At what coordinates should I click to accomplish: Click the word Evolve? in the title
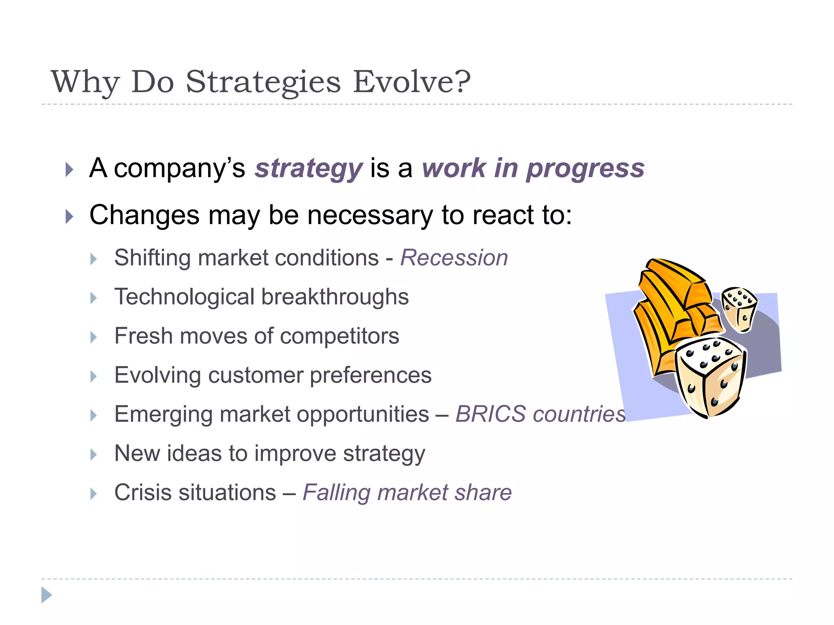click(411, 81)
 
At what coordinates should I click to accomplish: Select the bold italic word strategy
click(308, 168)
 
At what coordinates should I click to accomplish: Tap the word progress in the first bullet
click(585, 168)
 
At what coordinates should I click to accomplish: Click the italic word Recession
click(454, 258)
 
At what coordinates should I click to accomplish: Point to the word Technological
click(184, 297)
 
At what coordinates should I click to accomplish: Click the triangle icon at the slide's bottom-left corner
click(46, 595)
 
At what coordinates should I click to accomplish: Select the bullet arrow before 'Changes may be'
click(70, 216)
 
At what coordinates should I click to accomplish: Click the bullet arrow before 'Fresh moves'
click(94, 337)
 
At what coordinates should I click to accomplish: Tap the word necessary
click(370, 215)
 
